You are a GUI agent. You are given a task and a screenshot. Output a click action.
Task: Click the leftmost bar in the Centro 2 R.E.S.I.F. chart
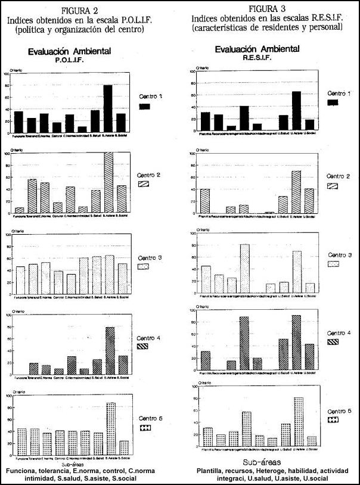coord(206,201)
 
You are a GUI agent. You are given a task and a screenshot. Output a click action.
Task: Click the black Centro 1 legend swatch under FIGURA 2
coord(145,107)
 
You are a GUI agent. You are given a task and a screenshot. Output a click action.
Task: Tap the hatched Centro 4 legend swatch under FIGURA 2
coord(145,346)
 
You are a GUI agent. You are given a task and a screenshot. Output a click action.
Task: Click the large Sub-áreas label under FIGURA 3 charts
coord(263,462)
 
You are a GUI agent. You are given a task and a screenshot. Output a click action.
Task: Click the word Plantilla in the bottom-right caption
coord(212,471)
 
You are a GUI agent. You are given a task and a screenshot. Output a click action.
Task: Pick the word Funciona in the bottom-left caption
coord(23,471)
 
